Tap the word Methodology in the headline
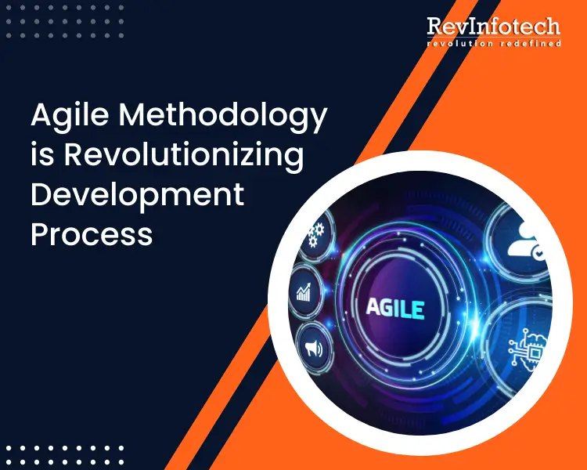[223, 116]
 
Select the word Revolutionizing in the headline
[183, 154]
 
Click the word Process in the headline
[92, 233]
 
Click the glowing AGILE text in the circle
[395, 307]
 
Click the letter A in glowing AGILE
[374, 307]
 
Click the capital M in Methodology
[134, 116]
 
